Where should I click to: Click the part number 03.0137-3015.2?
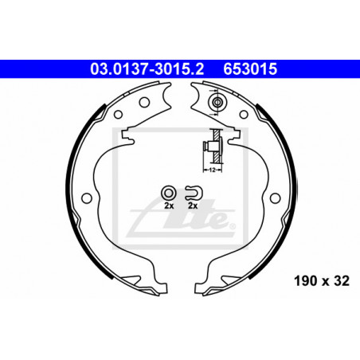click(x=147, y=68)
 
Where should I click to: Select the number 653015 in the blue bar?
click(x=250, y=68)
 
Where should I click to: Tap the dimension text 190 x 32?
click(x=322, y=281)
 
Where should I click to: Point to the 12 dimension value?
click(x=212, y=170)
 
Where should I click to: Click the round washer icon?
click(x=169, y=193)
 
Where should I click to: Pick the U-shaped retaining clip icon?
click(x=194, y=193)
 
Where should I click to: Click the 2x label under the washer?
click(x=169, y=205)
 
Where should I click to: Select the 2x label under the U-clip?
click(x=193, y=205)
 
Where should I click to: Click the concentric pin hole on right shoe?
click(x=217, y=102)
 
